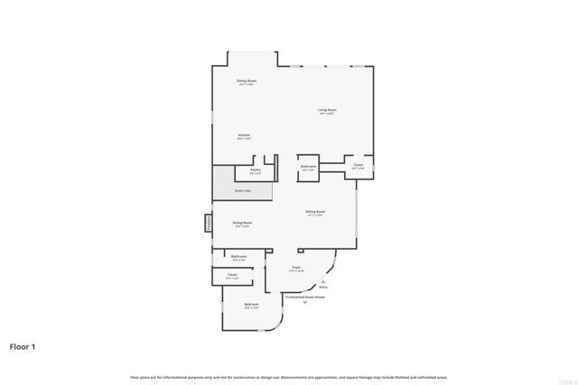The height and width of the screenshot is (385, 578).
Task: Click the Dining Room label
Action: click(x=246, y=81)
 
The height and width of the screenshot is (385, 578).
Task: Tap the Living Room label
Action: click(x=326, y=111)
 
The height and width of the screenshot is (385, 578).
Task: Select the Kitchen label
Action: click(x=244, y=135)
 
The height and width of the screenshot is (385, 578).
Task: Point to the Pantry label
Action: click(x=256, y=169)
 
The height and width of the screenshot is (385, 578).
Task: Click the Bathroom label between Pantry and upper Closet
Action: click(x=308, y=167)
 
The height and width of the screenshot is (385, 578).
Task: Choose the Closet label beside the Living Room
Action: click(x=358, y=165)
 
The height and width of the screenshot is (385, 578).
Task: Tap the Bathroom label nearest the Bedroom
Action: click(x=238, y=257)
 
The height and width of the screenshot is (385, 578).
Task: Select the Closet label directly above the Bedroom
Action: click(x=232, y=275)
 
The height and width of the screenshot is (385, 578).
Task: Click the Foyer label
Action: click(x=295, y=268)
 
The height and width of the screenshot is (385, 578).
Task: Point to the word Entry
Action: click(x=322, y=287)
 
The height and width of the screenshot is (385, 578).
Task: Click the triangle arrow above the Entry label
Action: click(x=322, y=280)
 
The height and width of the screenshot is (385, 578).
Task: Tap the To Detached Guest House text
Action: click(x=304, y=297)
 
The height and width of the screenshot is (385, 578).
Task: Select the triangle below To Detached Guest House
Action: click(x=304, y=303)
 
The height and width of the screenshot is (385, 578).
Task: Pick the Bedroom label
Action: click(x=251, y=305)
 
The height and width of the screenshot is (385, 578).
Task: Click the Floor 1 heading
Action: click(x=23, y=346)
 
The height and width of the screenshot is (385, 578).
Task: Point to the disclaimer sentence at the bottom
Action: click(x=288, y=377)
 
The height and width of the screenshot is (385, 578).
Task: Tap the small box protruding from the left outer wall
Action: click(x=208, y=221)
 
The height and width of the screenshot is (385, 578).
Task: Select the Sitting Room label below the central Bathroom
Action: click(x=315, y=213)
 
